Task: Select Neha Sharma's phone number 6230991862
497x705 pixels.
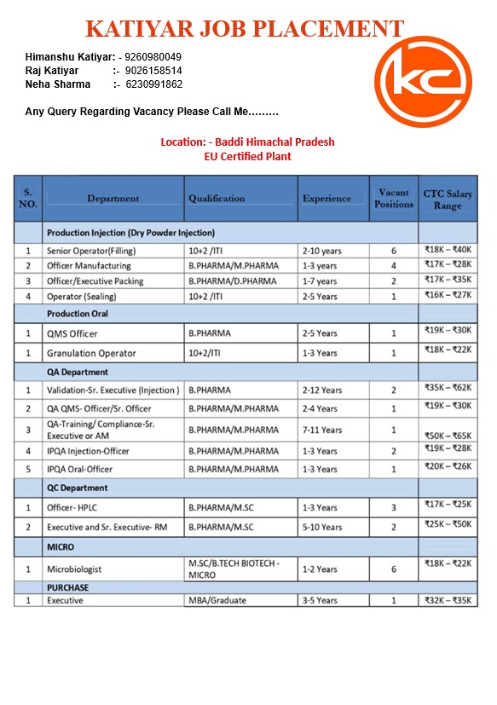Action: pyautogui.click(x=153, y=84)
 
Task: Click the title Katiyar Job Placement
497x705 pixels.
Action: pyautogui.click(x=245, y=28)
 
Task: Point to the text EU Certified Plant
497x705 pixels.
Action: pyautogui.click(x=247, y=156)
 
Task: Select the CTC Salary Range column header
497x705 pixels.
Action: pyautogui.click(x=448, y=199)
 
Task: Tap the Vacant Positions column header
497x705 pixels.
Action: pyautogui.click(x=394, y=199)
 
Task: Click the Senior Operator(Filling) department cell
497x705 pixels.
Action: pyautogui.click(x=91, y=251)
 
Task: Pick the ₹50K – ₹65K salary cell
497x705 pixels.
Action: pyautogui.click(x=448, y=436)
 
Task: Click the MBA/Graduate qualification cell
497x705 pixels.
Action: pyautogui.click(x=217, y=600)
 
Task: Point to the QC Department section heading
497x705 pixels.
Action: pyautogui.click(x=78, y=488)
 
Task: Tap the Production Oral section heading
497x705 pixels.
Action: pyautogui.click(x=78, y=314)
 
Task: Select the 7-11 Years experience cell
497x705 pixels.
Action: pyautogui.click(x=321, y=430)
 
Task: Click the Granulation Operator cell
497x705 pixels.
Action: pyautogui.click(x=91, y=353)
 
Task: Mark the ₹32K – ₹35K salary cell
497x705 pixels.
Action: pyautogui.click(x=448, y=600)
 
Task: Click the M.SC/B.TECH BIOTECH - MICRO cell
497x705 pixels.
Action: pyautogui.click(x=234, y=569)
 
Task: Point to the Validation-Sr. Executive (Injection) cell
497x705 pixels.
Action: pyautogui.click(x=113, y=390)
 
